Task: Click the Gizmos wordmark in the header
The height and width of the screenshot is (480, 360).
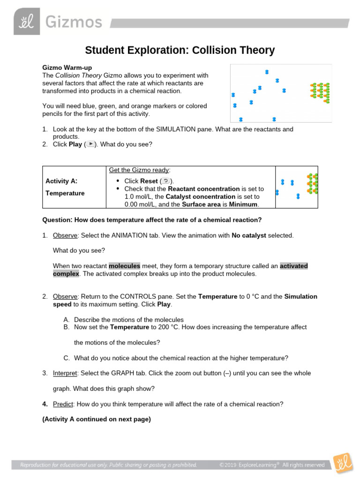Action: click(x=74, y=22)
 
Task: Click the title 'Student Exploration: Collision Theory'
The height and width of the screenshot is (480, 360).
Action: click(x=180, y=50)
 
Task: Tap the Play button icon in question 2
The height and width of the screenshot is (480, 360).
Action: click(x=91, y=144)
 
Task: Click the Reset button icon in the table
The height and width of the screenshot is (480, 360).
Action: click(x=166, y=181)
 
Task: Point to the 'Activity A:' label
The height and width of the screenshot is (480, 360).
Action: click(x=61, y=181)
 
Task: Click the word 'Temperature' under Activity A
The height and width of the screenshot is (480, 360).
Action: click(x=65, y=193)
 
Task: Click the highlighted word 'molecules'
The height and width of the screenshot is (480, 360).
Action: click(x=124, y=266)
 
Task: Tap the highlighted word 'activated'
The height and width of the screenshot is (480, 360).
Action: click(x=293, y=266)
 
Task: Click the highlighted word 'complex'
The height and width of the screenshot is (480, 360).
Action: click(x=66, y=274)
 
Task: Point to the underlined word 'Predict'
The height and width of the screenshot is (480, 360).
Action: click(x=63, y=404)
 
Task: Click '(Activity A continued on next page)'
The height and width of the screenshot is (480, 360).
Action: click(x=97, y=420)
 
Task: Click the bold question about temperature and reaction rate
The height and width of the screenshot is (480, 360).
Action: click(x=152, y=220)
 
